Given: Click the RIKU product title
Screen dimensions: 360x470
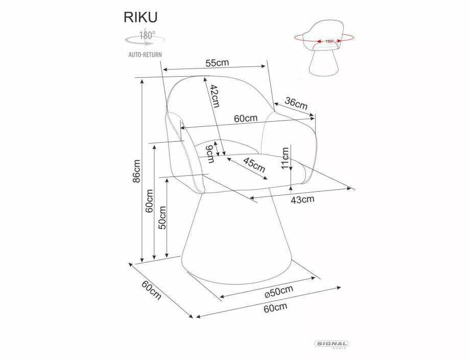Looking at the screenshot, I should [x=140, y=17].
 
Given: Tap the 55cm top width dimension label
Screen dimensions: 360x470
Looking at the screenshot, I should [x=217, y=63].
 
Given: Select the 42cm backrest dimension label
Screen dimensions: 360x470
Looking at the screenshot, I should [x=215, y=96].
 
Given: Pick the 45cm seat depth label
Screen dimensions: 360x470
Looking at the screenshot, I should [x=254, y=166].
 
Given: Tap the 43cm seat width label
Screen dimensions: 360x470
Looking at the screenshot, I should [x=302, y=199].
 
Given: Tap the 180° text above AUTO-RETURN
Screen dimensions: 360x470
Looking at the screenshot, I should [x=148, y=36].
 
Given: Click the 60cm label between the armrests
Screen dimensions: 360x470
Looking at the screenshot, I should [x=245, y=118].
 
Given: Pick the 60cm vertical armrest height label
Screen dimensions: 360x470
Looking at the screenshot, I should [x=149, y=201].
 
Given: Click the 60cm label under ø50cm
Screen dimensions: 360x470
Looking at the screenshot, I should [x=275, y=307].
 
